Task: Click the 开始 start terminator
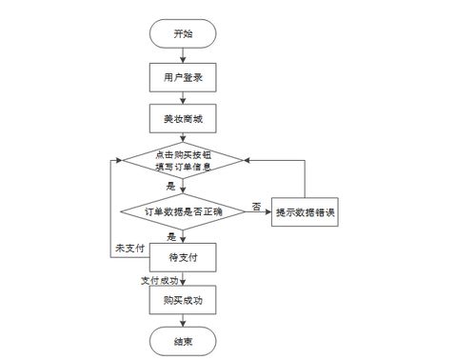[183, 33]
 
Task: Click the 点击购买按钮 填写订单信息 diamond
[183, 161]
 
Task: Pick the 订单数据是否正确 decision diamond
[183, 210]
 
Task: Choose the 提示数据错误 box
[306, 210]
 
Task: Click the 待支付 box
[183, 257]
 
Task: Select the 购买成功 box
[183, 300]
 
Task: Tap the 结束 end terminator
[183, 340]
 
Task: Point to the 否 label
[256, 204]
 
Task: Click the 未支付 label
[129, 249]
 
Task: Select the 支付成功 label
[159, 279]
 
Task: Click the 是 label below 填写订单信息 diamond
[171, 186]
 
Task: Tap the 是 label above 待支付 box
[171, 235]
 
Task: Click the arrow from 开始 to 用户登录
[183, 54]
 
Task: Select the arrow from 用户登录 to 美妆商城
[183, 96]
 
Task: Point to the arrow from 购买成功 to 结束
[183, 321]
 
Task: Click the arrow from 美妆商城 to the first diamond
[183, 137]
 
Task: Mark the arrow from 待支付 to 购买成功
[183, 278]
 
